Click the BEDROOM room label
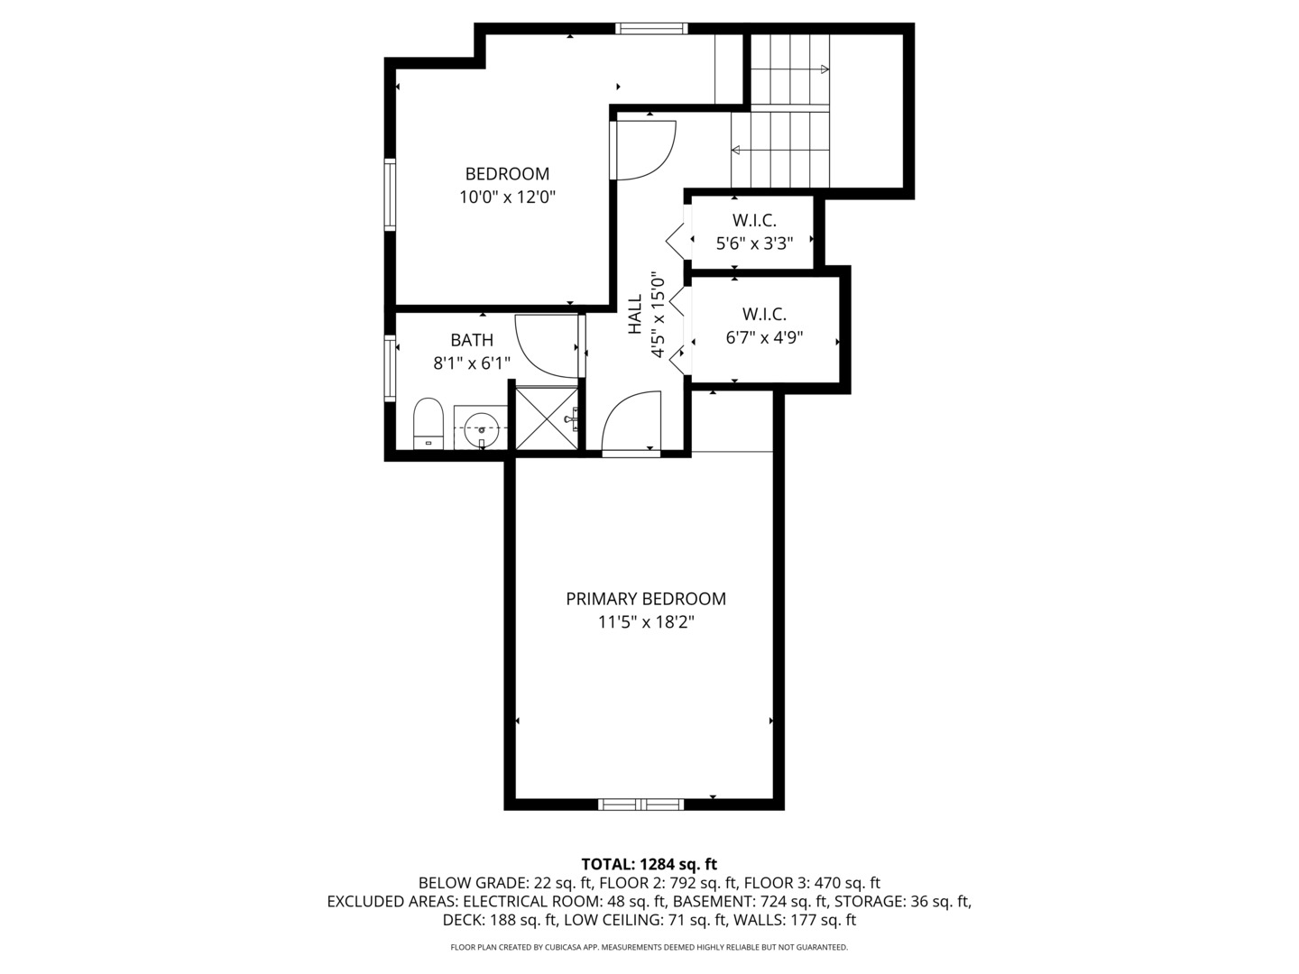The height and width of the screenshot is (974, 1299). pyautogui.click(x=507, y=174)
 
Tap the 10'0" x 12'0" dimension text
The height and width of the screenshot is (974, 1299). pyautogui.click(x=507, y=198)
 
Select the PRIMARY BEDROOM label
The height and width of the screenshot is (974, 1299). pyautogui.click(x=646, y=599)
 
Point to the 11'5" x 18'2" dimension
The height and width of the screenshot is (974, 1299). pyautogui.click(x=646, y=622)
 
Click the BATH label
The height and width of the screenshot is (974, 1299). pyautogui.click(x=472, y=340)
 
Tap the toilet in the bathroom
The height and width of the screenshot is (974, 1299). pyautogui.click(x=428, y=424)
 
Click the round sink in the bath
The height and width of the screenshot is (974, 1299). pyautogui.click(x=481, y=429)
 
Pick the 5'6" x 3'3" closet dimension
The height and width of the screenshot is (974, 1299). pyautogui.click(x=754, y=243)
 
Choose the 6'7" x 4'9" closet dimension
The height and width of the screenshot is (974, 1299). pyautogui.click(x=764, y=338)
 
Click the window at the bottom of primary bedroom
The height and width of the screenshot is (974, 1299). pyautogui.click(x=641, y=804)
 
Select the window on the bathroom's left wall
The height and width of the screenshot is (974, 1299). pyautogui.click(x=391, y=368)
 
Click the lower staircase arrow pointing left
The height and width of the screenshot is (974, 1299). pyautogui.click(x=736, y=150)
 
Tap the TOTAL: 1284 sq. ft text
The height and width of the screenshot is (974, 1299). pyautogui.click(x=649, y=864)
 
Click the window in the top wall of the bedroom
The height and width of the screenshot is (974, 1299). pyautogui.click(x=651, y=29)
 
